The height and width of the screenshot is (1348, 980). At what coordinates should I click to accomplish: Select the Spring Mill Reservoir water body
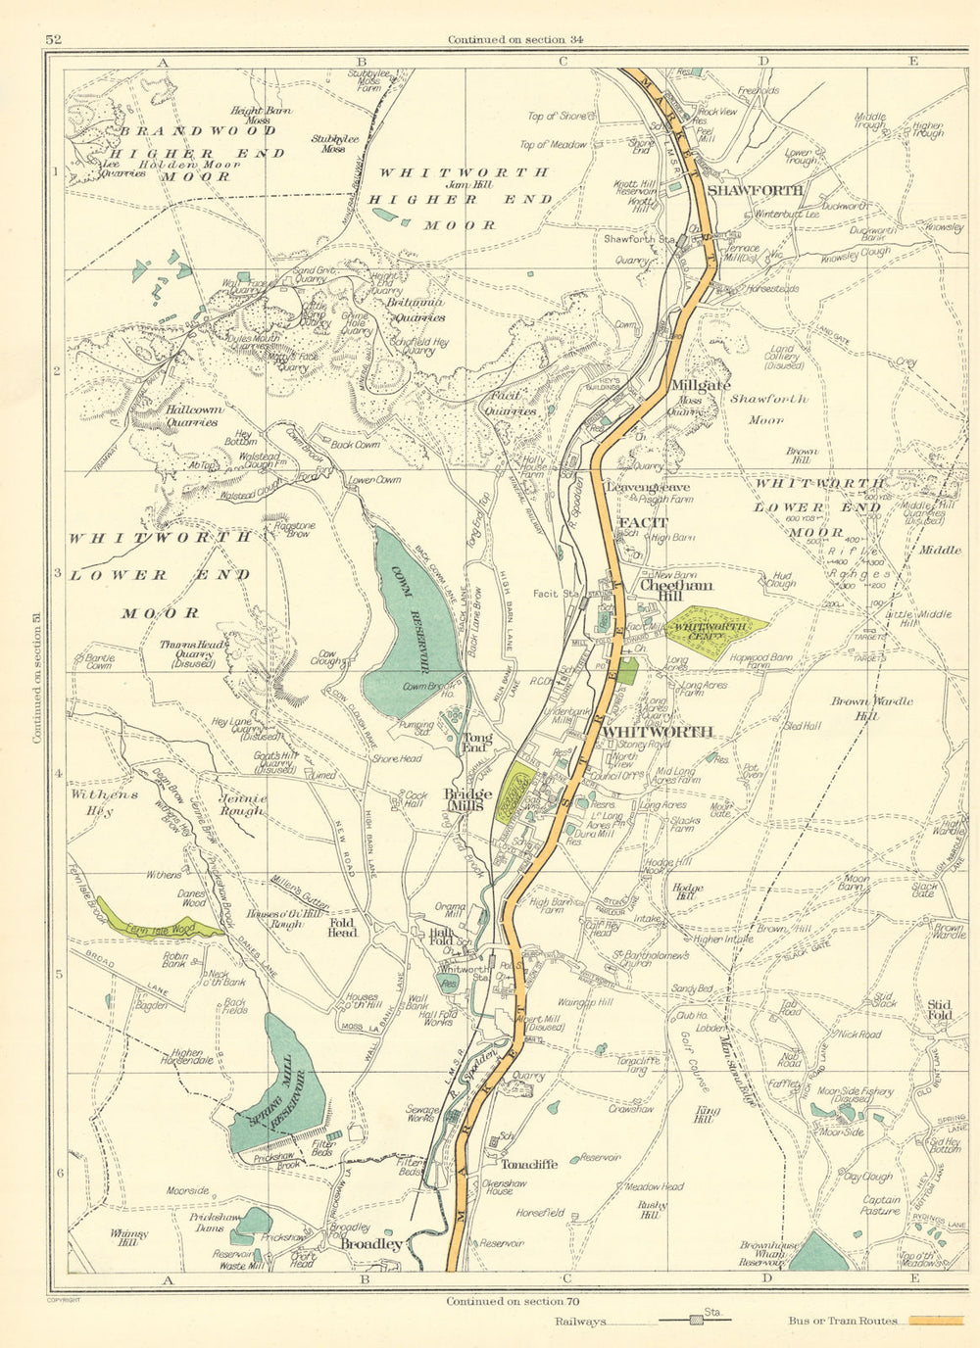coord(279,1087)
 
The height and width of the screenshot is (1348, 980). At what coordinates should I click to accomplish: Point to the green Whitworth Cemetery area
coord(715,625)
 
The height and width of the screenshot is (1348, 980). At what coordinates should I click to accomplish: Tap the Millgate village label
coord(701,386)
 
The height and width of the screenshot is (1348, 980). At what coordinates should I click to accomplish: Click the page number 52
coord(53,39)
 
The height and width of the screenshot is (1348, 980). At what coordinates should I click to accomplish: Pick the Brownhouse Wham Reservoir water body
coord(818,1252)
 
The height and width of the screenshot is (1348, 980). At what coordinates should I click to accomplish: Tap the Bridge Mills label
coord(468,799)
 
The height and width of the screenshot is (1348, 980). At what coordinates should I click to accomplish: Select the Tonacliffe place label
coord(529,1165)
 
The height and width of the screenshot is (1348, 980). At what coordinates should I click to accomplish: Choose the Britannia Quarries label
coord(416,311)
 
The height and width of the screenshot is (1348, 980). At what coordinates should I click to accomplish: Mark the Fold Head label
coord(343,927)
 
